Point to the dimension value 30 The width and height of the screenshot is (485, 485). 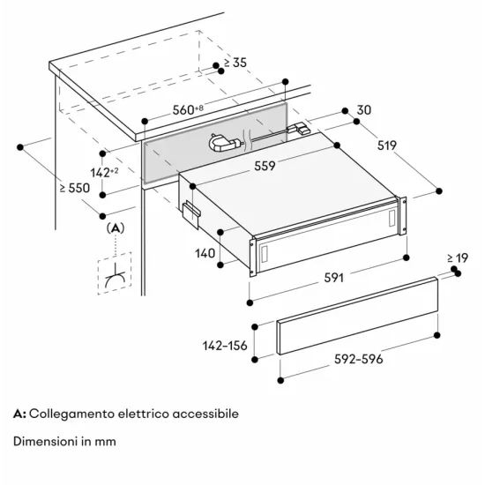364,111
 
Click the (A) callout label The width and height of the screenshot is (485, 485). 116,229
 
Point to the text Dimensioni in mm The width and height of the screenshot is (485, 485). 65,440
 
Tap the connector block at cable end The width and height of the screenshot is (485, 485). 302,131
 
